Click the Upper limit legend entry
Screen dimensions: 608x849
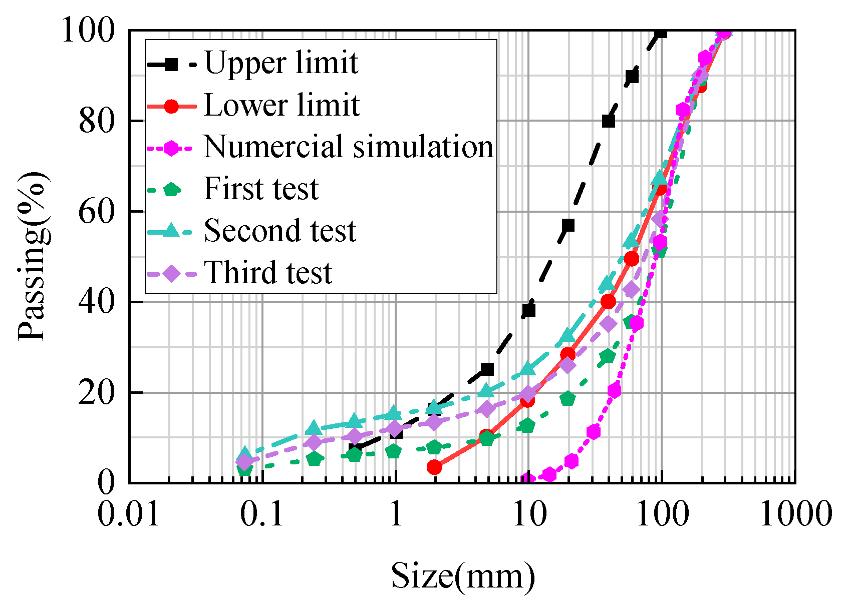(280, 63)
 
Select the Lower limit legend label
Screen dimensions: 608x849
(281, 105)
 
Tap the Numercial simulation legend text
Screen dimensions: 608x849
(349, 147)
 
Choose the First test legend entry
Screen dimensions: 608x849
(260, 189)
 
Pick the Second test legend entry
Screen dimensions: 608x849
(279, 231)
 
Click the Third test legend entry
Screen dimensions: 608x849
(268, 273)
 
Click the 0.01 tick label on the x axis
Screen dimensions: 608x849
(129, 514)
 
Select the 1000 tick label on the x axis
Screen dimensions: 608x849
(795, 514)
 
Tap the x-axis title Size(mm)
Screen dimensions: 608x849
(463, 576)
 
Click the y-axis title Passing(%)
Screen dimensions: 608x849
(32, 256)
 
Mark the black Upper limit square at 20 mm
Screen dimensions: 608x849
(568, 225)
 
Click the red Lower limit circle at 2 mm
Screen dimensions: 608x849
(434, 467)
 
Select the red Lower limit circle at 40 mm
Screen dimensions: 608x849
(608, 302)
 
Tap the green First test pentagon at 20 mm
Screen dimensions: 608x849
(568, 399)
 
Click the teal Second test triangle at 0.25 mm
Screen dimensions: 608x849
(314, 428)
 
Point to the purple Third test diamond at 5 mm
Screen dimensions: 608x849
(487, 409)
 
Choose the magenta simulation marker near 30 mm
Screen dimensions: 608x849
(594, 432)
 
